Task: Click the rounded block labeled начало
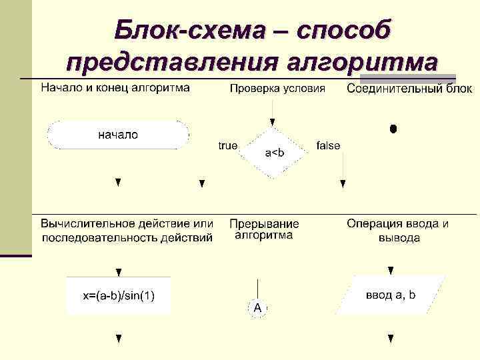tap(118, 135)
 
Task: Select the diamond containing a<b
tap(274, 153)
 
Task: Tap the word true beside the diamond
tap(228, 145)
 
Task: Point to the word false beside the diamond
tap(328, 145)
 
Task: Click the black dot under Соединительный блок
tap(393, 128)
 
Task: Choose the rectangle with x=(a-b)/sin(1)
tap(119, 295)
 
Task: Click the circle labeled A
tap(257, 307)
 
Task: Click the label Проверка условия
tap(277, 88)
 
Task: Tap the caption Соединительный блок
tap(409, 89)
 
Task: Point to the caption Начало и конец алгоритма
tap(115, 87)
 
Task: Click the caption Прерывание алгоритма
tap(264, 229)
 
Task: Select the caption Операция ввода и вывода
tap(398, 230)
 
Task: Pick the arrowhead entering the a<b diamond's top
tap(272, 123)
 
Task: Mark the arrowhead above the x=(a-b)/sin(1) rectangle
tap(119, 273)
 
